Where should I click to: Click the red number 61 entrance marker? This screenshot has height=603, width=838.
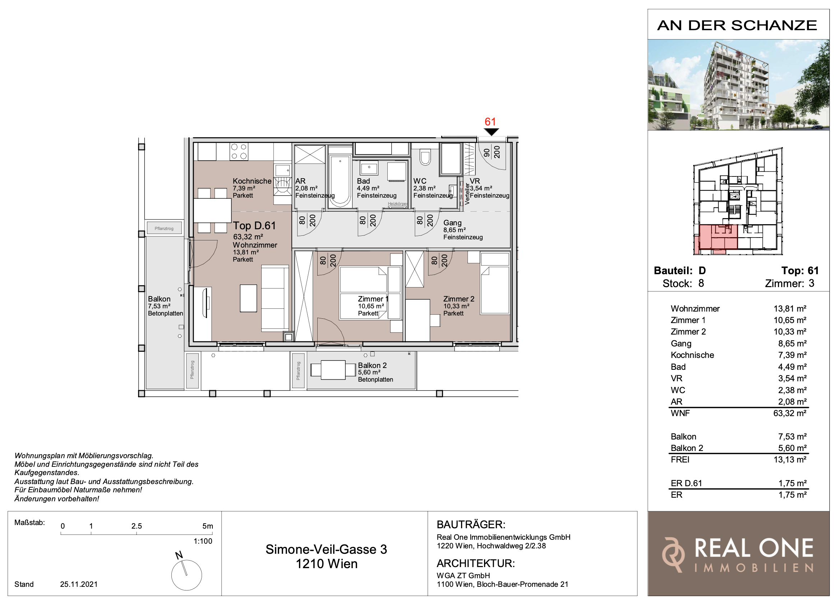[490, 121]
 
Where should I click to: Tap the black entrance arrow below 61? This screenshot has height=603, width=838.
[491, 132]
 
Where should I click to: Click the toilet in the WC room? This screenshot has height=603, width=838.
[425, 157]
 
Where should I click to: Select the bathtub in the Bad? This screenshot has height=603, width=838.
[340, 181]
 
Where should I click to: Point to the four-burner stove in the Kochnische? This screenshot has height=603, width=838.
[239, 152]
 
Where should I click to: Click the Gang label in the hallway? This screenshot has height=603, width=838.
[452, 223]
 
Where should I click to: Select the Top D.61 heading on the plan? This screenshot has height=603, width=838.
[254, 225]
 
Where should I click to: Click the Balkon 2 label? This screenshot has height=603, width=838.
[372, 365]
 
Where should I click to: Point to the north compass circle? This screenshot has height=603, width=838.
[187, 575]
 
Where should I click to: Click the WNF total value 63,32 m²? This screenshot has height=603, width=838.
[789, 413]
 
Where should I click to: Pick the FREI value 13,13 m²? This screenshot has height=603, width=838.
[789, 460]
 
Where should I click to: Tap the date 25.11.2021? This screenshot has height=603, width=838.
[79, 584]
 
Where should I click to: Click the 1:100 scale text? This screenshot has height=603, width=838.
[203, 541]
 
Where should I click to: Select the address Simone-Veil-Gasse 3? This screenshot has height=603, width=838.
[326, 549]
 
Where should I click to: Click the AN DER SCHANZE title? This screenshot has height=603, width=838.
[737, 26]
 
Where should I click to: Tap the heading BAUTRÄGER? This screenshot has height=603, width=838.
[471, 525]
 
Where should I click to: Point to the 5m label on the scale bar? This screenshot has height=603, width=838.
[208, 526]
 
